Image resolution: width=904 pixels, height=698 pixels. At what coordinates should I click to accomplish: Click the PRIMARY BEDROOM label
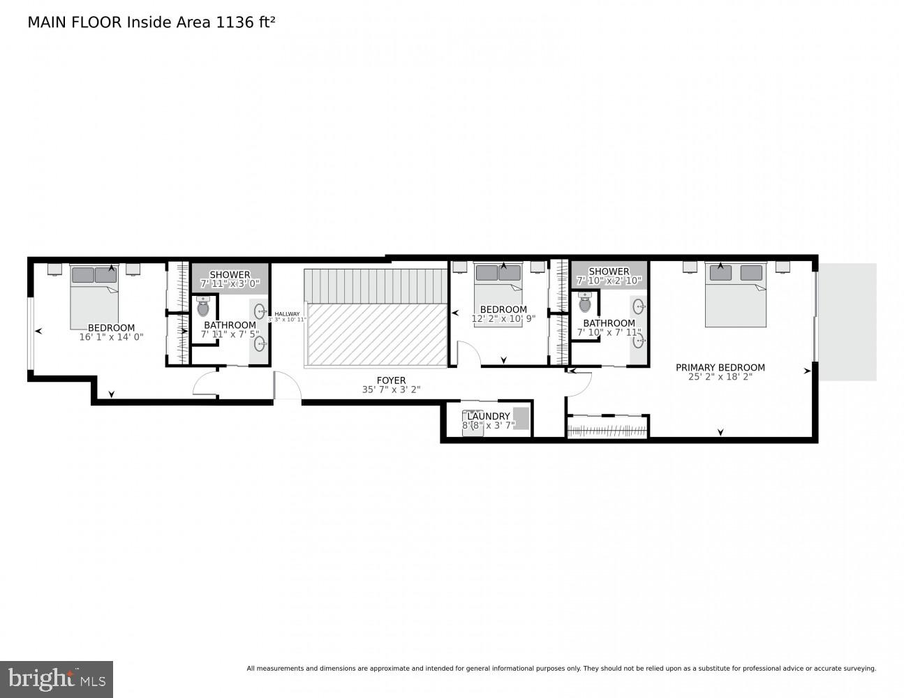[720, 367]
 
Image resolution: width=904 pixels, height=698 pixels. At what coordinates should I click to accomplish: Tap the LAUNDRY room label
[488, 416]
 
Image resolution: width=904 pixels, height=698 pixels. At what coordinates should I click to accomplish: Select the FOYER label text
[391, 380]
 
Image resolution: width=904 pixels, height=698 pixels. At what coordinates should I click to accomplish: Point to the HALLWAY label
[287, 314]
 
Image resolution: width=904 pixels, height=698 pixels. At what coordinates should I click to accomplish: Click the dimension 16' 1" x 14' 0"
[111, 336]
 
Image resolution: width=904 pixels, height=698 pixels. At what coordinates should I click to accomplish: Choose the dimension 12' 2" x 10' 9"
[503, 318]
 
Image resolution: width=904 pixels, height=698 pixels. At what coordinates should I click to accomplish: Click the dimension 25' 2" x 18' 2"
[720, 377]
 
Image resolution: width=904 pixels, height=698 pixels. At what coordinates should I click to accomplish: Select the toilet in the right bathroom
[585, 302]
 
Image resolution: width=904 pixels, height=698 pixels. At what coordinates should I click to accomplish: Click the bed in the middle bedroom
[498, 286]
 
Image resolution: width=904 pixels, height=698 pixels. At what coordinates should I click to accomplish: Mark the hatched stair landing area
[376, 334]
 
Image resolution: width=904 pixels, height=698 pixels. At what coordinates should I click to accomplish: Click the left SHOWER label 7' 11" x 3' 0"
[230, 279]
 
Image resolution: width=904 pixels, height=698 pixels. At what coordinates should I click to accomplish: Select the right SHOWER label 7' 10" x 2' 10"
[609, 276]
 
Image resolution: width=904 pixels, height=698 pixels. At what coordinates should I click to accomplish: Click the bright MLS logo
[57, 678]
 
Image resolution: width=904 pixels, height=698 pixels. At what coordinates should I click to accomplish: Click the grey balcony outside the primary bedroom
[847, 322]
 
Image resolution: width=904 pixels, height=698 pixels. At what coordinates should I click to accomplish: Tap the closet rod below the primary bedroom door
[607, 429]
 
